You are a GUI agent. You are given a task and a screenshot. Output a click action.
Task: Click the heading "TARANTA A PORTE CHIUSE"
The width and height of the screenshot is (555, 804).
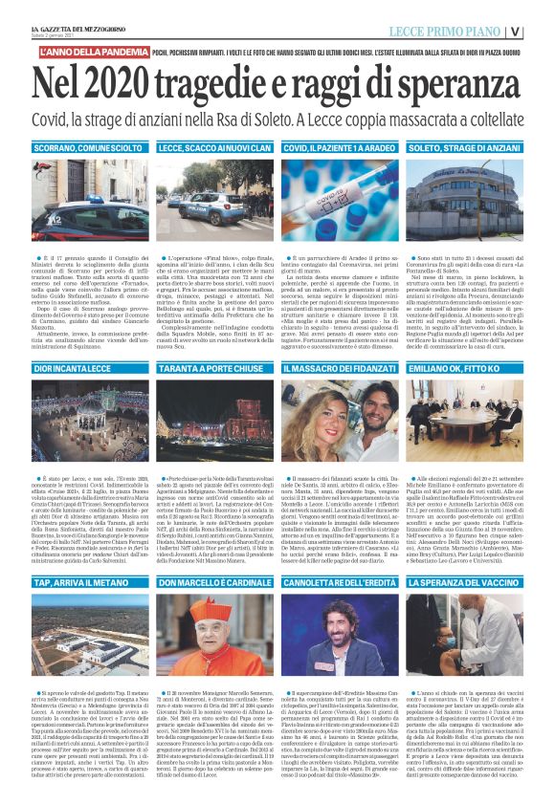click(208, 367)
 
